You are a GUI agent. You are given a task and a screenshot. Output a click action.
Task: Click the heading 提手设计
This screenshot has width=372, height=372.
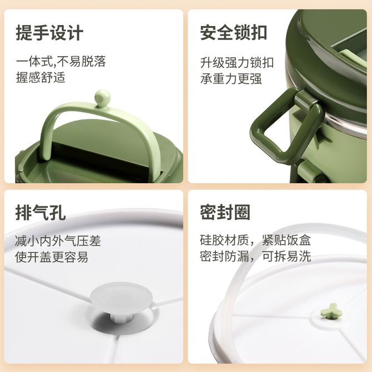49,33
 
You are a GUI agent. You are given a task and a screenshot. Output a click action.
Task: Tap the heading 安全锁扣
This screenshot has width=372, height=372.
233,33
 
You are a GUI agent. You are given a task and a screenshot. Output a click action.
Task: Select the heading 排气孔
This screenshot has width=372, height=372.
41,212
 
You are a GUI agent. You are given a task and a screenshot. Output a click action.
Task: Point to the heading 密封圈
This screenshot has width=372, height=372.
225,212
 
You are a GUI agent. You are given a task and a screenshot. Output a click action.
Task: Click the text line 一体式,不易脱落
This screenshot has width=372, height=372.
61,62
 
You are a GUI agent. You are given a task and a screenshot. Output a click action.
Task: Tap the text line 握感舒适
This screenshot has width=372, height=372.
41,77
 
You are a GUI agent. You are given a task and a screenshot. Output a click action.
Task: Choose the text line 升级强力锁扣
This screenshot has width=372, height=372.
237,63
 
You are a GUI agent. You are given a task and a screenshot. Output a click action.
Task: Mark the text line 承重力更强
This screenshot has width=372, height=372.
231,79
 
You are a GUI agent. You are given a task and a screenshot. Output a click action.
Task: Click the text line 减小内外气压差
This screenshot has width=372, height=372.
58,240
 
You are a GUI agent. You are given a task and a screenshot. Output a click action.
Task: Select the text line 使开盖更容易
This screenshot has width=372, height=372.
52,257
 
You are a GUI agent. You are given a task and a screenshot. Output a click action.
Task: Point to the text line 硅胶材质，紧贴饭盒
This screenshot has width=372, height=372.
255,240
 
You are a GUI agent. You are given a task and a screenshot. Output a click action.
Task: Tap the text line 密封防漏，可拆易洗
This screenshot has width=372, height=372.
255,256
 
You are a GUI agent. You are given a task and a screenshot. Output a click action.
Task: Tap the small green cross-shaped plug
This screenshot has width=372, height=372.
329,311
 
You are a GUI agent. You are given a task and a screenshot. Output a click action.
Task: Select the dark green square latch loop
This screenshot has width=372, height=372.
287,125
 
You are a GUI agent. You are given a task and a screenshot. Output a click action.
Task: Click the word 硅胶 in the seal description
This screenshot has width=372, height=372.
212,240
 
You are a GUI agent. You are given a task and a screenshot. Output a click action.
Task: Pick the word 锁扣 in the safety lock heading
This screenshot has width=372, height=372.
250,33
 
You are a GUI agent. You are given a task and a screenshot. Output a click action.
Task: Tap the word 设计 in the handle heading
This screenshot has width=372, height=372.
67,33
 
